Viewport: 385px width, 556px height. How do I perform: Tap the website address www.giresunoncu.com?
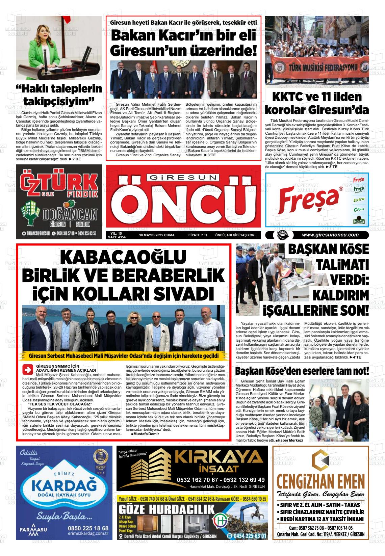(330, 235)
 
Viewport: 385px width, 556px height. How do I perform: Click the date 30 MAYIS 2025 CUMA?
(157, 235)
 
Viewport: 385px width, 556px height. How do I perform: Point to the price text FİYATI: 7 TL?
(198, 235)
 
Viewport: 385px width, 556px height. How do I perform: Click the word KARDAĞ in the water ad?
(63, 486)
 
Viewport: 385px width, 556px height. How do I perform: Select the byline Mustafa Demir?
(145, 434)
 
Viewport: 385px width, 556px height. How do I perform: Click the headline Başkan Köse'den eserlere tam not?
(302, 371)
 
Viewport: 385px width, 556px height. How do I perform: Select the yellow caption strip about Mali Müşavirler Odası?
(124, 356)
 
